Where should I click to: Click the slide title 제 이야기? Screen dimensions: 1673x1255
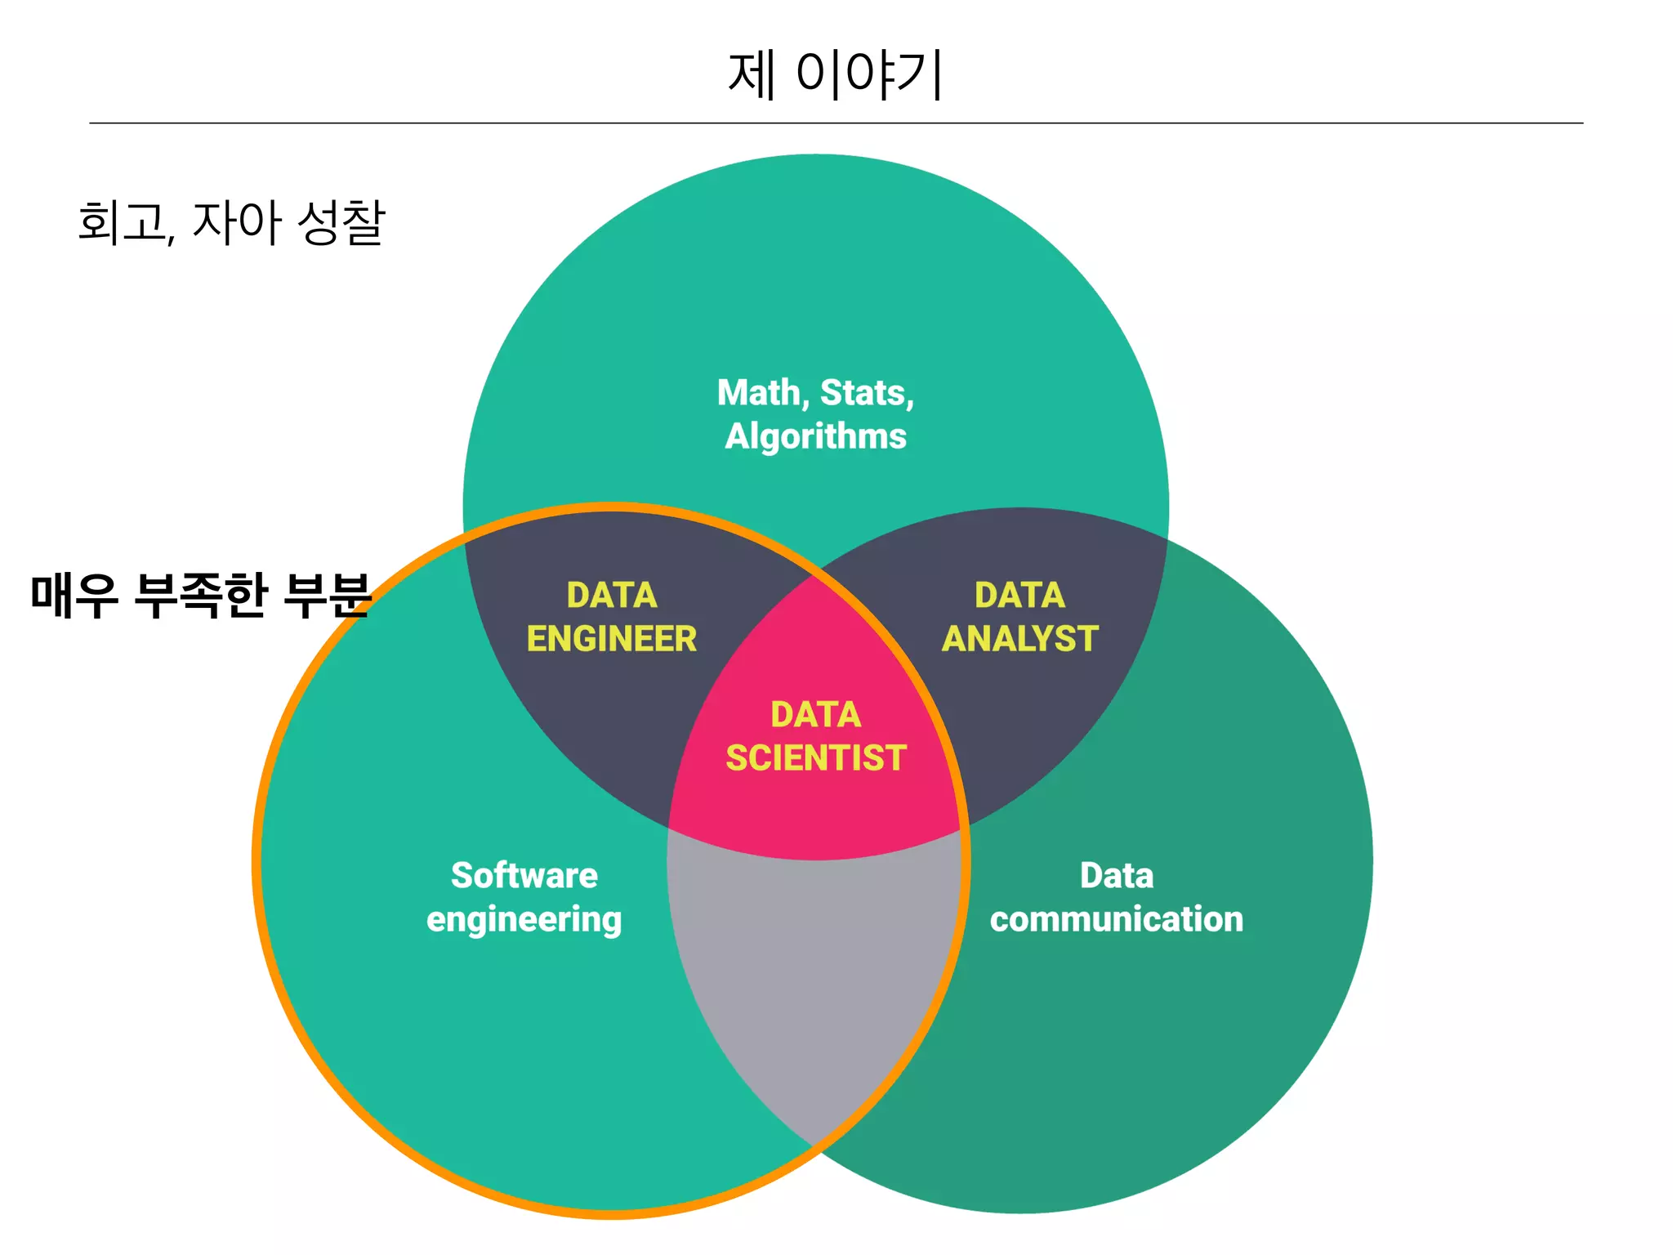(x=835, y=74)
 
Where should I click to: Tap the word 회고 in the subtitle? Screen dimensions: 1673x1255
(x=123, y=222)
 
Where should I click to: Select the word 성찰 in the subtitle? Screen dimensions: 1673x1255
(x=341, y=222)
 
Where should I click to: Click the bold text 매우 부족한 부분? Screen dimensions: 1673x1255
(x=201, y=594)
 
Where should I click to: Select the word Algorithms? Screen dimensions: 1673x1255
(x=815, y=436)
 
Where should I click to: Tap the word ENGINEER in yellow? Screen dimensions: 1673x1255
(x=611, y=639)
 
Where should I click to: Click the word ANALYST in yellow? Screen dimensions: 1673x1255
(x=1019, y=639)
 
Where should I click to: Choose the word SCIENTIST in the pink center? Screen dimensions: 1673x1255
(x=816, y=758)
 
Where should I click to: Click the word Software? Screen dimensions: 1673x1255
(x=524, y=876)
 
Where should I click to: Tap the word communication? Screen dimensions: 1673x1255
(x=1116, y=919)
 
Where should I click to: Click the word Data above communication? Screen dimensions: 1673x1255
(x=1116, y=876)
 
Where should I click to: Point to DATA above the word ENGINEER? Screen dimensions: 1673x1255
(x=611, y=596)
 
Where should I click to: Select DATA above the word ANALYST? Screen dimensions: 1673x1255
(x=1019, y=596)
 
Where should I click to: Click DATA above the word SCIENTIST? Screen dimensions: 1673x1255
(x=816, y=715)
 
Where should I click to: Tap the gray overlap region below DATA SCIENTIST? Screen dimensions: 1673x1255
(x=815, y=980)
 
